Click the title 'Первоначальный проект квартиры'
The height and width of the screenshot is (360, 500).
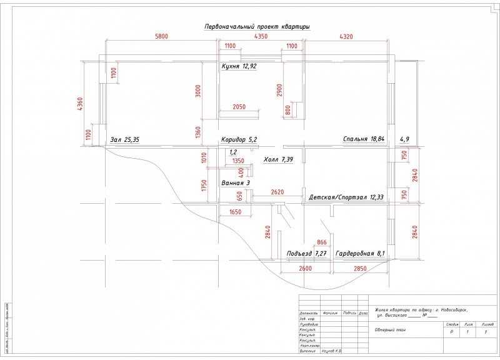coord(257,27)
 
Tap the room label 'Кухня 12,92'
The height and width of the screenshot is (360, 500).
coord(239,66)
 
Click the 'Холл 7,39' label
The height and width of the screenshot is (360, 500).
coord(279,160)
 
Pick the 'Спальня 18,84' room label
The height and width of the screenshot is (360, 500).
coord(363,139)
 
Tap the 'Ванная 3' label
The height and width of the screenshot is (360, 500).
coord(236,183)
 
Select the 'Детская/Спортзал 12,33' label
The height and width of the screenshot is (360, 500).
coord(346,197)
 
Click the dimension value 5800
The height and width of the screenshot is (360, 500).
coord(161,37)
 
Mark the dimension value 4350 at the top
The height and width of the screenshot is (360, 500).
coord(261,37)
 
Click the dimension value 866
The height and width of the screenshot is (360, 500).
coord(322,242)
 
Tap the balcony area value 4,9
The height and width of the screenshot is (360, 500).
coord(404,139)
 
